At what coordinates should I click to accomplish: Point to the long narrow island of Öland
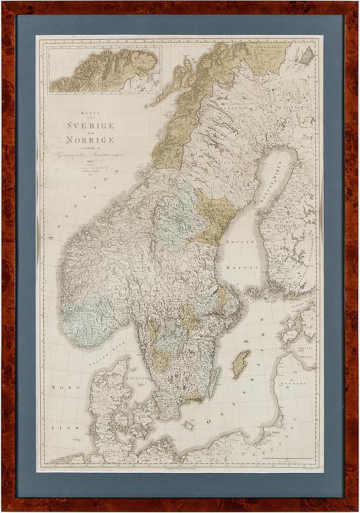[x=214, y=383]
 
